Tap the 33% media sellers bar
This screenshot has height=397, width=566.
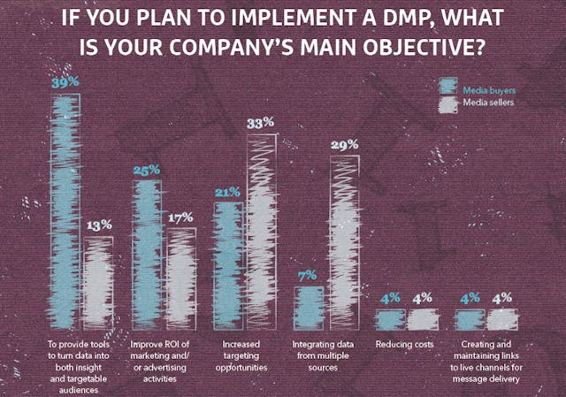pyautogui.click(x=261, y=231)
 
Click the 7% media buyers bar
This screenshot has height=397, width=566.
pyautogui.click(x=308, y=306)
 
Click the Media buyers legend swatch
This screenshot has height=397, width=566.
pyautogui.click(x=448, y=87)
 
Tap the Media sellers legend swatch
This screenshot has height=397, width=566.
pyautogui.click(x=448, y=103)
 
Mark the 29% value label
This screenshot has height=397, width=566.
pyautogui.click(x=344, y=144)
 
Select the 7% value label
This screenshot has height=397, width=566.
pyautogui.click(x=308, y=276)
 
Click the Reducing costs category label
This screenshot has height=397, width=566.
pyautogui.click(x=400, y=344)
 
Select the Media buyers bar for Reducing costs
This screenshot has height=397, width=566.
pyautogui.click(x=389, y=317)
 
